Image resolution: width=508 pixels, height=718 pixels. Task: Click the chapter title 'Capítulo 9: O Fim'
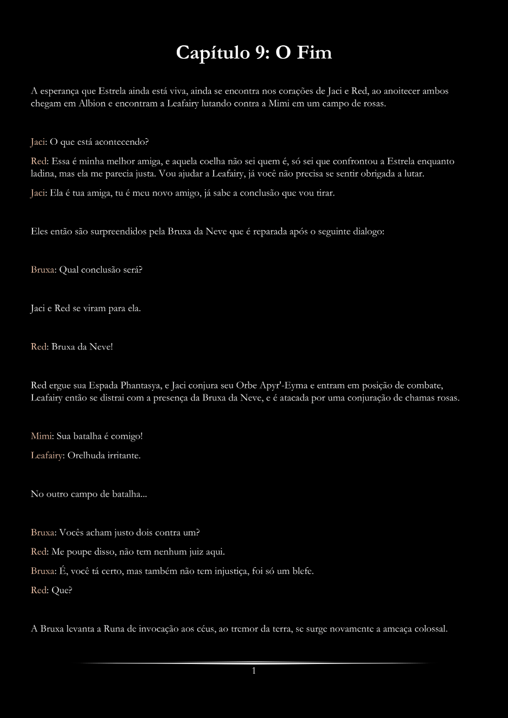pos(253,52)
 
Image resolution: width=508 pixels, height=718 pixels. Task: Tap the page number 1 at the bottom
pos(253,671)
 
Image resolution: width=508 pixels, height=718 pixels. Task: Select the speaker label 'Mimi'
pos(41,436)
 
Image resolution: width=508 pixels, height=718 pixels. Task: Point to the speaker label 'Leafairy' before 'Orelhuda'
pos(46,455)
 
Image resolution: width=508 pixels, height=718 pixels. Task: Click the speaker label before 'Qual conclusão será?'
pos(43,270)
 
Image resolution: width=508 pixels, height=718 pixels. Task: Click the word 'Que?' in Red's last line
pos(62,590)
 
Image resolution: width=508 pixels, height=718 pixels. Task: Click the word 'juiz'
pos(184,552)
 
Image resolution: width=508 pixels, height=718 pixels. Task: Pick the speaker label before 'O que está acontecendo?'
pos(37,142)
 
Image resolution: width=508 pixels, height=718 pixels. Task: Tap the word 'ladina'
pos(43,174)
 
